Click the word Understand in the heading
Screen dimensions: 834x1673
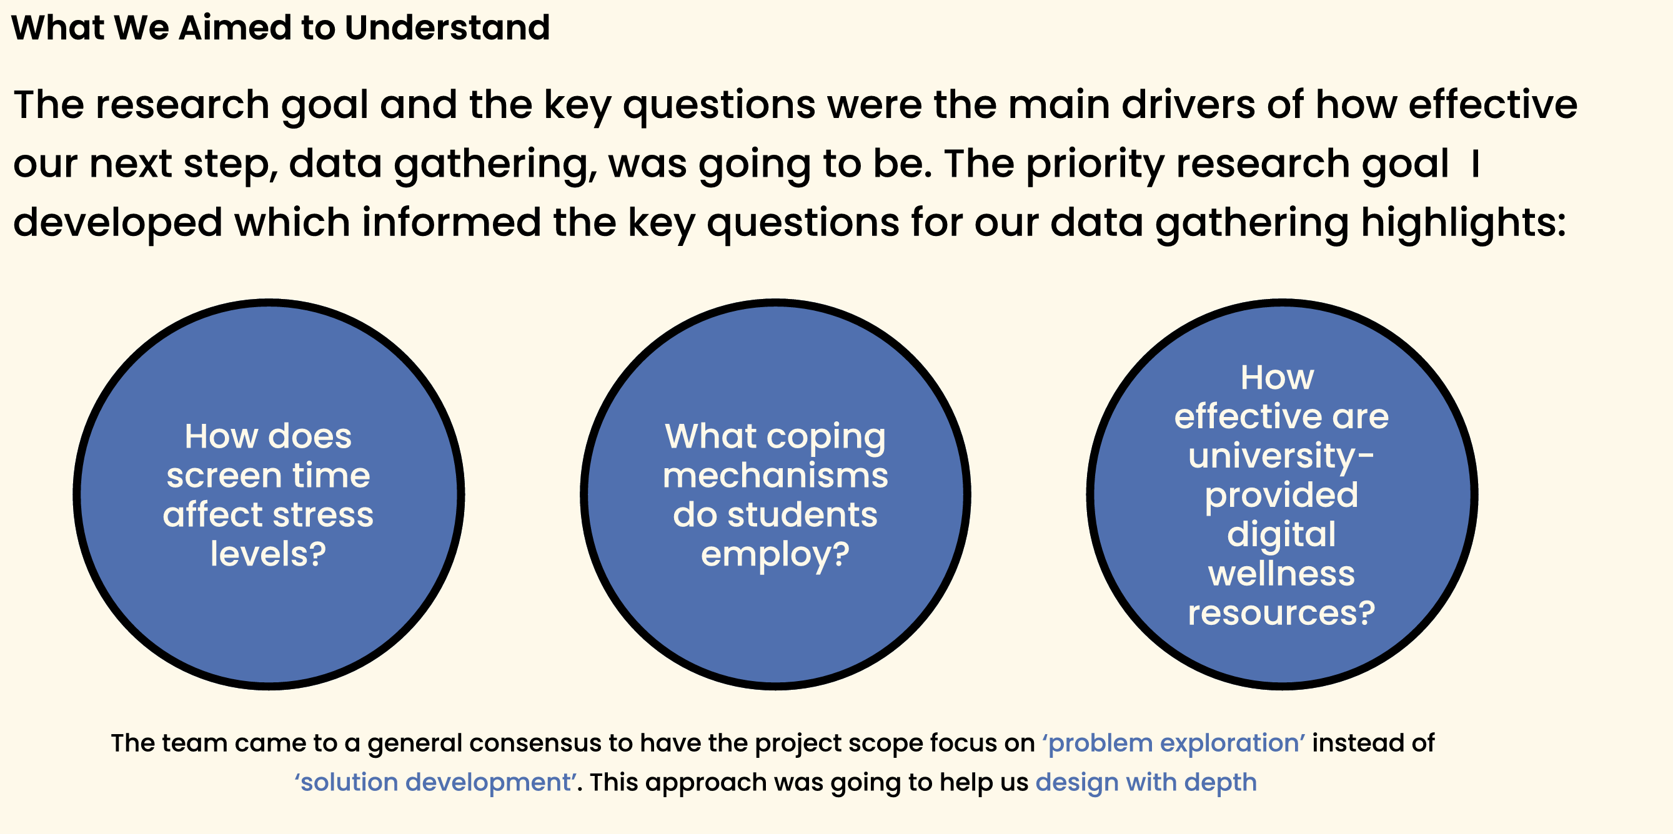(447, 28)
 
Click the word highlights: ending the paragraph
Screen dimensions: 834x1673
(1464, 223)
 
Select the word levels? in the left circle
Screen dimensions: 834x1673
(268, 554)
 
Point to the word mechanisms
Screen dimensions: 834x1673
(775, 476)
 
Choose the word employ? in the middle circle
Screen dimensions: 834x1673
(775, 555)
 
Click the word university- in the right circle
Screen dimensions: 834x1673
(1281, 456)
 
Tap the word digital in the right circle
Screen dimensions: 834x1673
(1281, 535)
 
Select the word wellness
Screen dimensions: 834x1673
(1281, 574)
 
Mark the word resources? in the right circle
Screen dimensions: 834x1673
(1281, 612)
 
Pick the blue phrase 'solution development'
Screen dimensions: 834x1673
(435, 782)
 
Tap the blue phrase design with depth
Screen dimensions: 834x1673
(1146, 782)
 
